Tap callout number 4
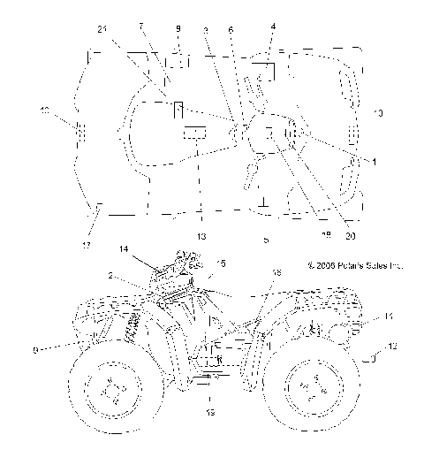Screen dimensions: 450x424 274,27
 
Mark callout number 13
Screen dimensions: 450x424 201,237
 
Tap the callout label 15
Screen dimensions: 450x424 221,263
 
